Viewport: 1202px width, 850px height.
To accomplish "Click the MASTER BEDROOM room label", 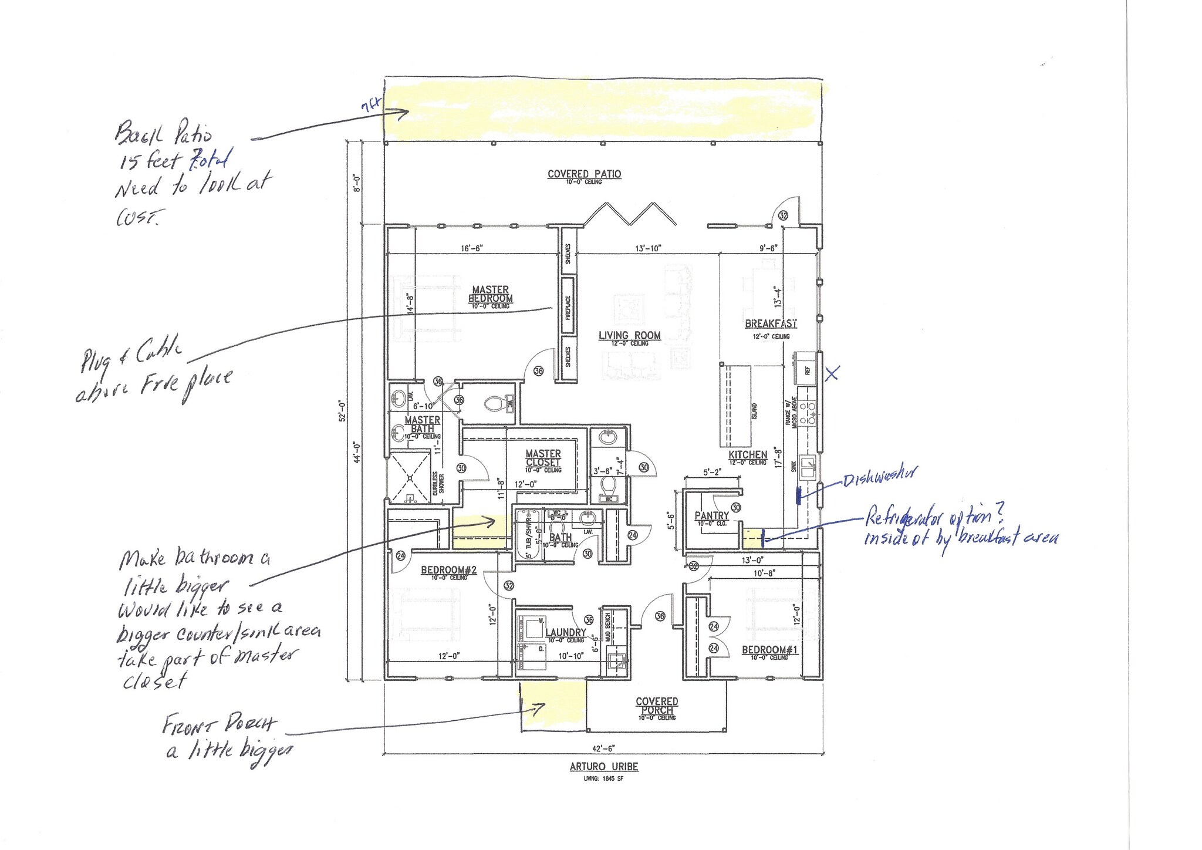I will click(490, 294).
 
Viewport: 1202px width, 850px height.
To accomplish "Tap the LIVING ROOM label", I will click(629, 335).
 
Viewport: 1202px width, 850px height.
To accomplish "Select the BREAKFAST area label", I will click(771, 323).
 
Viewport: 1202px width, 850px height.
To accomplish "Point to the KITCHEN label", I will click(748, 454).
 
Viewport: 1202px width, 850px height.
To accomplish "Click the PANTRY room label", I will click(711, 515).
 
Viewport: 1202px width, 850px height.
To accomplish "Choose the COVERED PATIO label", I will click(584, 174).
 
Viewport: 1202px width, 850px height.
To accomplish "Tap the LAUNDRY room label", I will click(565, 632).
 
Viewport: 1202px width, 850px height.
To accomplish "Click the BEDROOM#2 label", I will click(444, 570).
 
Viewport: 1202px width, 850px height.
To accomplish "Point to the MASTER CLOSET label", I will click(543, 458).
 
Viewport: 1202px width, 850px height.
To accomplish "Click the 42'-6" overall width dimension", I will click(603, 748).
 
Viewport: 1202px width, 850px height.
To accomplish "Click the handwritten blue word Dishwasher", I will click(879, 477).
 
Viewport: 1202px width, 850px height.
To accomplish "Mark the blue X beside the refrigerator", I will click(832, 373).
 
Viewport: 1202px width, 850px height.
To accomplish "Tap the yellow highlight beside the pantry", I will click(752, 537).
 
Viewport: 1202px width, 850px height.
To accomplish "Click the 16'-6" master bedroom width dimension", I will click(472, 248).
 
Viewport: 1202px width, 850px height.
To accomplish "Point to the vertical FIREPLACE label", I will click(568, 307).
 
